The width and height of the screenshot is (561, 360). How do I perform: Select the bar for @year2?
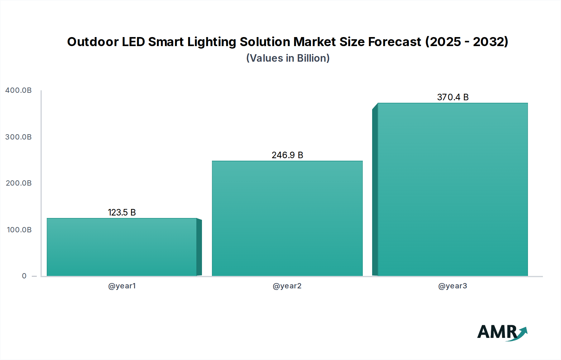coord(287,218)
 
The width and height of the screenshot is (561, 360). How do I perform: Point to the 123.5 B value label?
coord(122,212)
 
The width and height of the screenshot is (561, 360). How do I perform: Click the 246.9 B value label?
coord(287,155)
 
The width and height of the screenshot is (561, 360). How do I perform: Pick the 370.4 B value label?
coord(453,97)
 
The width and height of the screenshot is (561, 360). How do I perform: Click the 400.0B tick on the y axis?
coord(18,90)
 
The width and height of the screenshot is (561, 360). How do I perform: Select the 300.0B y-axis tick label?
coord(18,137)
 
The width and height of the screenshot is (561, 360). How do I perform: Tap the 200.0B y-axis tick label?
coord(18,183)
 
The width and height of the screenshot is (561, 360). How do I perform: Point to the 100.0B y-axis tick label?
coord(19,230)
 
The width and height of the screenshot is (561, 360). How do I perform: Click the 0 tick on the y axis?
coord(24,276)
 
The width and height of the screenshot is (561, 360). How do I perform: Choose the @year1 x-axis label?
coord(122,286)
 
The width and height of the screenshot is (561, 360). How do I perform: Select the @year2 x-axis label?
coord(287,286)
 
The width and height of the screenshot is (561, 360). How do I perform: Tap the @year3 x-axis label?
coord(453,286)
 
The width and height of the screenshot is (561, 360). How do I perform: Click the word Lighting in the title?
coord(212,42)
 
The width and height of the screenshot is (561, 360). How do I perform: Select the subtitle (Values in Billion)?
coord(288,58)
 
